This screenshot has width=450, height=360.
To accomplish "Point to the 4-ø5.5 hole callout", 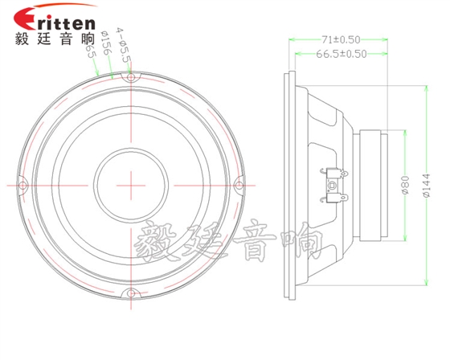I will pyautogui.click(x=123, y=46).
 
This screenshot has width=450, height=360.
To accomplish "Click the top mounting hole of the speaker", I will pyautogui.click(x=129, y=79).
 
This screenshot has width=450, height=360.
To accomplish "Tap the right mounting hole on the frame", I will pyautogui.click(x=236, y=186).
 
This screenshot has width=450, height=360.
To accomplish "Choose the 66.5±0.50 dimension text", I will pyautogui.click(x=342, y=55).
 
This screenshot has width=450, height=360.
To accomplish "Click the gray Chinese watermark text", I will pyautogui.click(x=229, y=240).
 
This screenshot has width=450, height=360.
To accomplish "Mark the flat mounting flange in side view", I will pyautogui.click(x=288, y=184).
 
